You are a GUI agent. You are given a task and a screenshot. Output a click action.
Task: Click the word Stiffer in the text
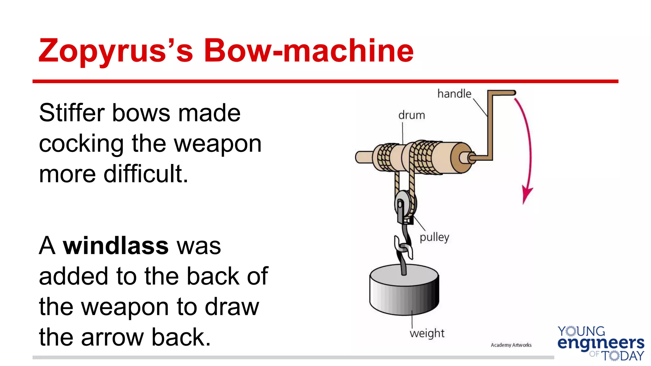[72, 113]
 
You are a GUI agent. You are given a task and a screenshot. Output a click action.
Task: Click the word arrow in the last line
[113, 337]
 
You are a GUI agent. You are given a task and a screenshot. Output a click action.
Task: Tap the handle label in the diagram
[454, 94]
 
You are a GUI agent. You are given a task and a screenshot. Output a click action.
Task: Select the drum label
[411, 115]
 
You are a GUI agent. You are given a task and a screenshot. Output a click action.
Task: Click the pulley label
[434, 237]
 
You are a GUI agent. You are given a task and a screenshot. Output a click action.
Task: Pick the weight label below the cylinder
[427, 333]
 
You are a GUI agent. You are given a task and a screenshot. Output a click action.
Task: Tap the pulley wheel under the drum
[404, 203]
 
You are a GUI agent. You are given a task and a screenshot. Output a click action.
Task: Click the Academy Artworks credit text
[511, 345]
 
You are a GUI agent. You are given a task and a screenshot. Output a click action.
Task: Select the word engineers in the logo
[601, 343]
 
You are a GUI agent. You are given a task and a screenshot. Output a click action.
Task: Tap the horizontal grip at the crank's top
[502, 93]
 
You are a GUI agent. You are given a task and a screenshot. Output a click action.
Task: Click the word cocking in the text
[81, 144]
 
